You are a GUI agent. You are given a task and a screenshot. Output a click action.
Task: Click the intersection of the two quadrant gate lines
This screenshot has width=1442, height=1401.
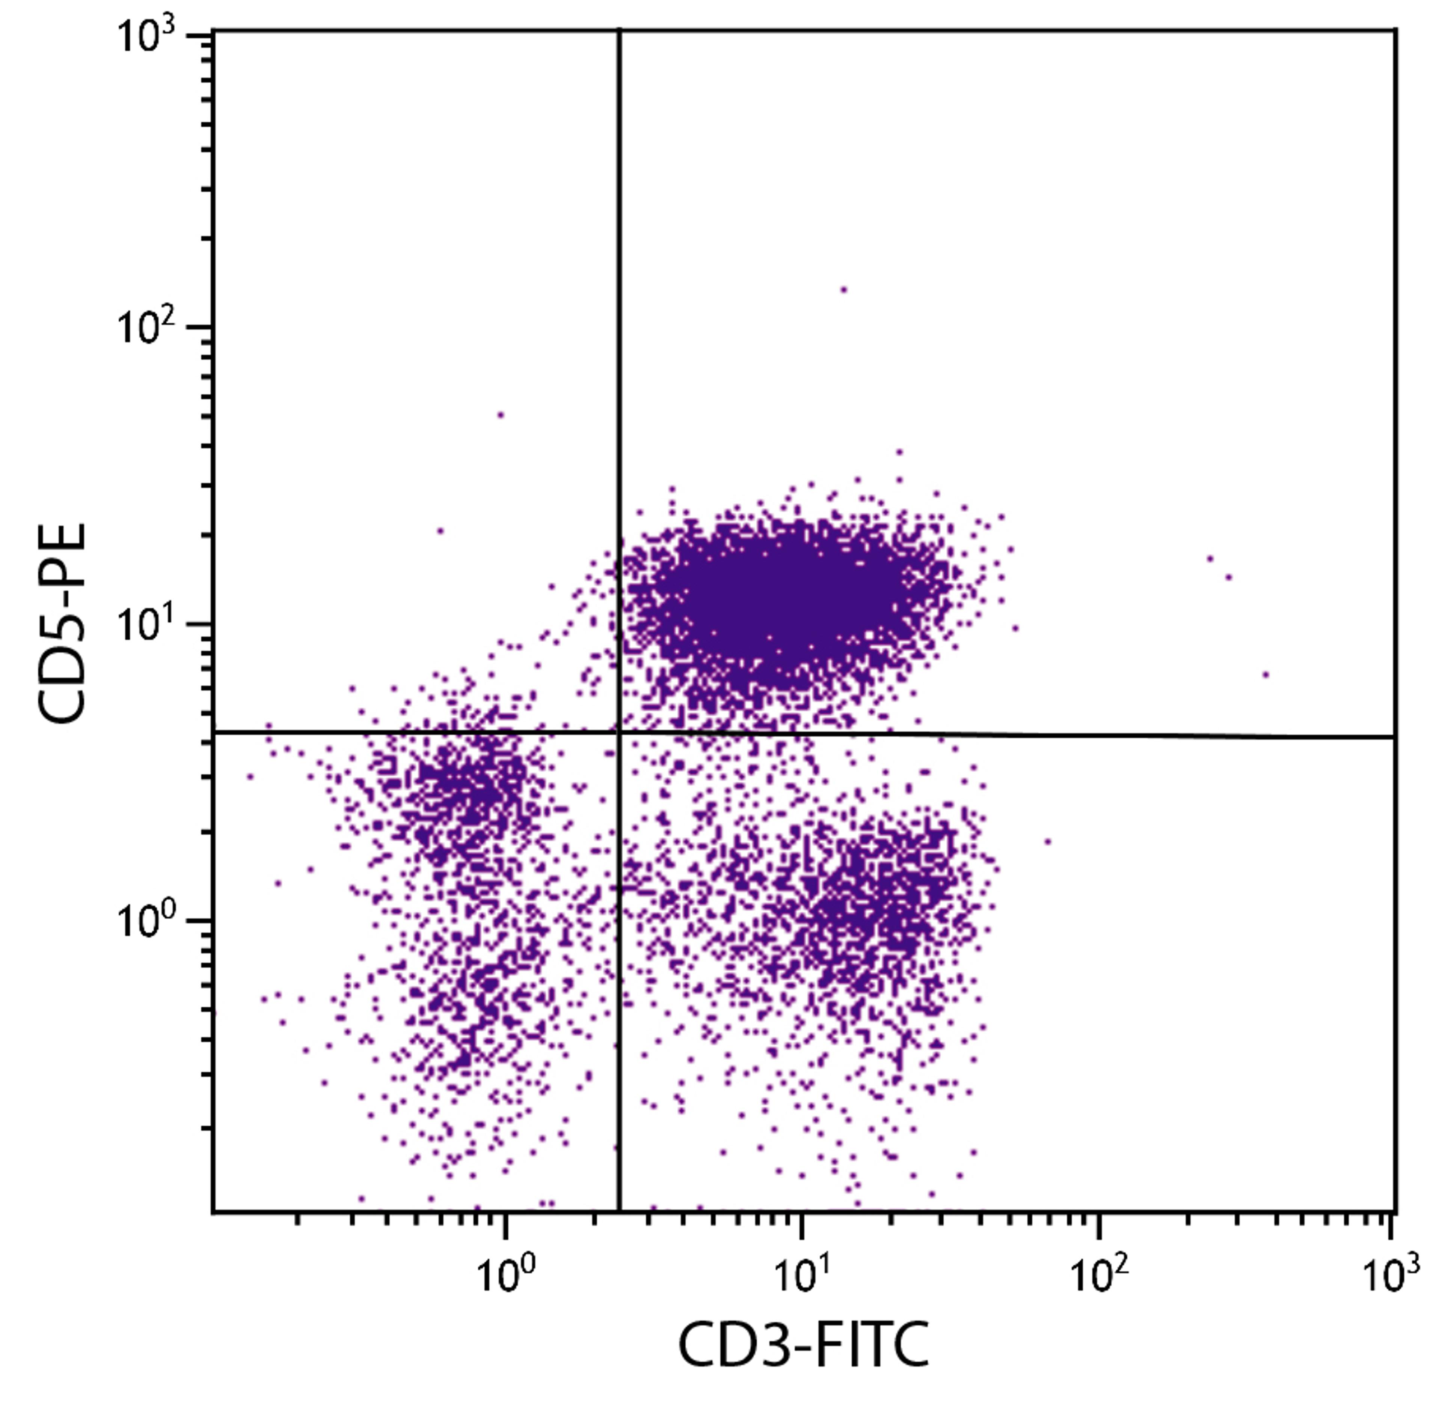click(620, 732)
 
